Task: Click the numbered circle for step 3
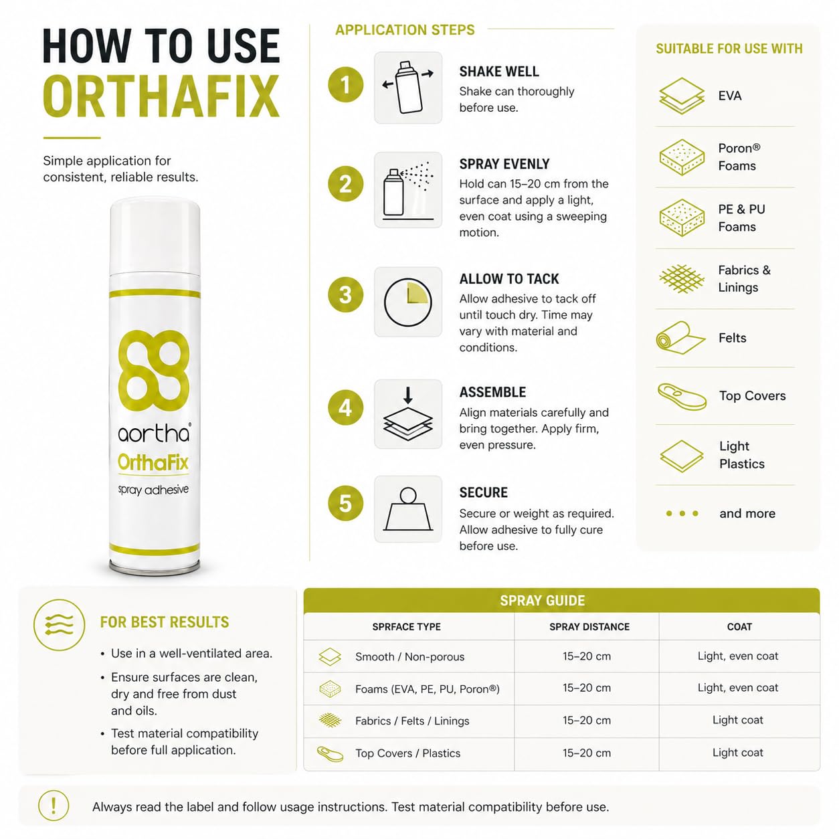pyautogui.click(x=345, y=295)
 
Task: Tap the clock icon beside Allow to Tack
pyautogui.click(x=407, y=302)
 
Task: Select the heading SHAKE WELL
pyautogui.click(x=499, y=72)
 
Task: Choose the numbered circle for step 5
pyautogui.click(x=345, y=503)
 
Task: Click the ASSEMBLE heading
pyautogui.click(x=492, y=392)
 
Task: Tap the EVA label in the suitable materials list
pyautogui.click(x=730, y=96)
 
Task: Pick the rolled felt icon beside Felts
pyautogui.click(x=680, y=338)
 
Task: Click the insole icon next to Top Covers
pyautogui.click(x=682, y=396)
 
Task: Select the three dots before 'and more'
pyautogui.click(x=682, y=513)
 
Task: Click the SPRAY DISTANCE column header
pyautogui.click(x=589, y=626)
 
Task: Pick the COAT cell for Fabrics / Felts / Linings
pyautogui.click(x=737, y=720)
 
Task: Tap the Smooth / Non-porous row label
pyautogui.click(x=409, y=656)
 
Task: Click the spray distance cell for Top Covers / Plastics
pyautogui.click(x=587, y=753)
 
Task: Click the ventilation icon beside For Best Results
pyautogui.click(x=60, y=625)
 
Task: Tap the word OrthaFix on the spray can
pyautogui.click(x=153, y=462)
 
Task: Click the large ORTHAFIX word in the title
pyautogui.click(x=161, y=96)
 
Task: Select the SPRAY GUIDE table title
pyautogui.click(x=542, y=601)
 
